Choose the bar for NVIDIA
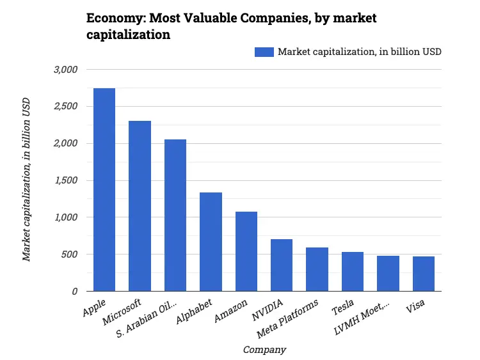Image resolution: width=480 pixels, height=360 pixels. click(x=282, y=265)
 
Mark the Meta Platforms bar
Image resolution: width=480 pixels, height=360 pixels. click(x=317, y=269)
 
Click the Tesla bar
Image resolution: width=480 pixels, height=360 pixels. click(x=353, y=272)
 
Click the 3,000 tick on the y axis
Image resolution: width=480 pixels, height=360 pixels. click(x=64, y=69)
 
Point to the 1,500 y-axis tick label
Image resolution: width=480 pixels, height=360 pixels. click(x=64, y=180)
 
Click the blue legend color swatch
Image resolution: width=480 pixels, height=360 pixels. click(x=264, y=52)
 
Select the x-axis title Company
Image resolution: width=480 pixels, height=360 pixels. click(x=264, y=350)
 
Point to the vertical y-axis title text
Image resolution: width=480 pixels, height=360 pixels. click(x=27, y=179)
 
